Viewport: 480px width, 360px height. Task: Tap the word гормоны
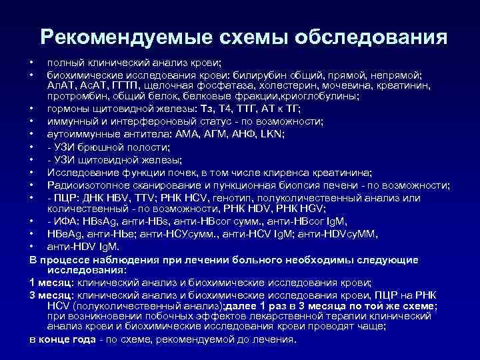point(68,110)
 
